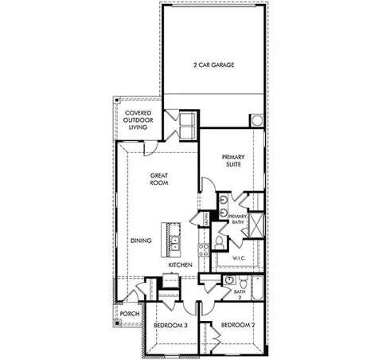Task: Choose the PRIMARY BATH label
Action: [239, 219]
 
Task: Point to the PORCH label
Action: [130, 314]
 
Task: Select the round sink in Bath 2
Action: [228, 281]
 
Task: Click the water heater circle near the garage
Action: [257, 120]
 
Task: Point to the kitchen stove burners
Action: [169, 280]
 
